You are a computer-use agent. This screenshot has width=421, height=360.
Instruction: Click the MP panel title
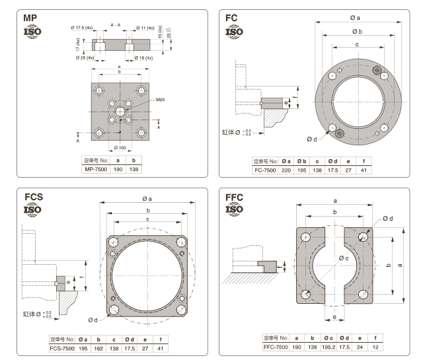pyautogui.click(x=33, y=18)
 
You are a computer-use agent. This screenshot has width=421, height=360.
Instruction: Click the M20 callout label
pyautogui.click(x=161, y=100)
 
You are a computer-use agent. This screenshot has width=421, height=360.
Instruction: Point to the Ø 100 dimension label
pyautogui.click(x=120, y=147)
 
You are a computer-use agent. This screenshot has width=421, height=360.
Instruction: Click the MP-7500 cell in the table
pyautogui.click(x=95, y=169)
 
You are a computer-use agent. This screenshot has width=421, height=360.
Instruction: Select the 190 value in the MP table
pyautogui.click(x=118, y=169)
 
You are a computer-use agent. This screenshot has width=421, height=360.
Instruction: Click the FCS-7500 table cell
pyautogui.click(x=62, y=348)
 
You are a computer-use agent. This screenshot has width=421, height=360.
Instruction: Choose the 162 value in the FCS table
pyautogui.click(x=99, y=348)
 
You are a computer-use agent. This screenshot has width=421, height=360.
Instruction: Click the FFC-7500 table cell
pyautogui.click(x=276, y=346)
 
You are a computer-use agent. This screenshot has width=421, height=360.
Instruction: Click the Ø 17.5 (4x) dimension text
pyautogui.click(x=84, y=28)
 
